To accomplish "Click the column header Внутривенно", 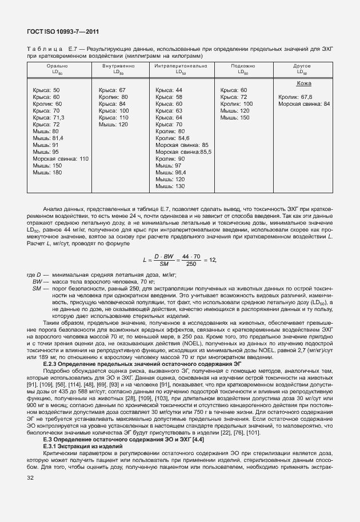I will pyautogui.click(x=118, y=66).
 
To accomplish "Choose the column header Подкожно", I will pyautogui.click(x=243, y=66).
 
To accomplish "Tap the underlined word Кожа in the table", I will pyautogui.click(x=303, y=83).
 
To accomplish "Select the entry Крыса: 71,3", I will pyautogui.click(x=49, y=118).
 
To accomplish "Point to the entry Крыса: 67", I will pyautogui.click(x=112, y=90).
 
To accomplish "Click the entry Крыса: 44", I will pyautogui.click(x=169, y=90).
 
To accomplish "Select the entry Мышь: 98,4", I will pyautogui.click(x=171, y=173).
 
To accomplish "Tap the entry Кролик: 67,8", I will pyautogui.click(x=295, y=97).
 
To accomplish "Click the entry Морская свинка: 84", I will pyautogui.click(x=304, y=104).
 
